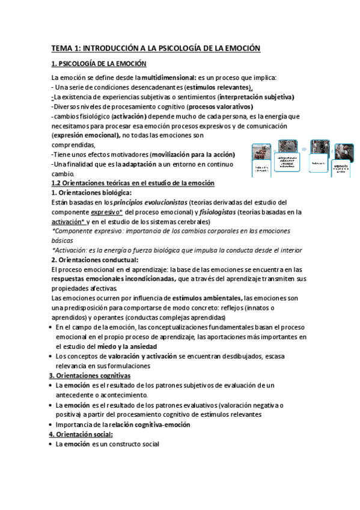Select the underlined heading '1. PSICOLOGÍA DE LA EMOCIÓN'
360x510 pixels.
click(99, 64)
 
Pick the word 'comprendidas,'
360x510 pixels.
click(73, 145)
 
